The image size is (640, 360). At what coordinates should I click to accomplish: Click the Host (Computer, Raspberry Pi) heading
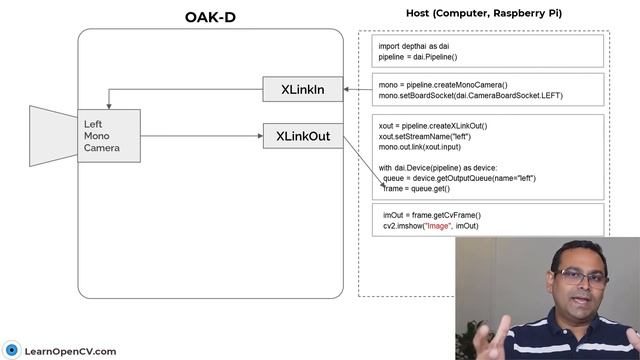click(481, 13)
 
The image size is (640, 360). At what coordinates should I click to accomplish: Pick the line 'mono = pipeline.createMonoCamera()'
click(442, 85)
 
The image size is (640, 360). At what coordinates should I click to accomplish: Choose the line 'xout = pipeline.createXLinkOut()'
click(433, 126)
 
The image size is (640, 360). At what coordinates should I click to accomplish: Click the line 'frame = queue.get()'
click(417, 188)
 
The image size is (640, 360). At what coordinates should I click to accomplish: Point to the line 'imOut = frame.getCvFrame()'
click(432, 215)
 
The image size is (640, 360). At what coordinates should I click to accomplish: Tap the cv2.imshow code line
click(431, 226)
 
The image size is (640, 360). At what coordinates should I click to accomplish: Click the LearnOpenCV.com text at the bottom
click(71, 351)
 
